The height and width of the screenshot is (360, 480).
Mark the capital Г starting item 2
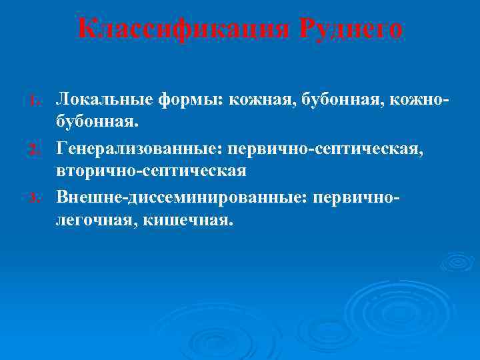coord(61,147)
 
